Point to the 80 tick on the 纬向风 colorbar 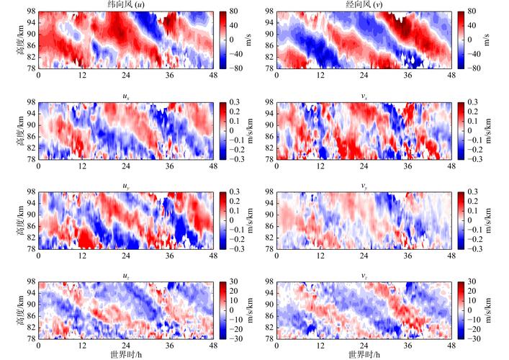click(x=234, y=13)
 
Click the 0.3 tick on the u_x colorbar click(x=235, y=104)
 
